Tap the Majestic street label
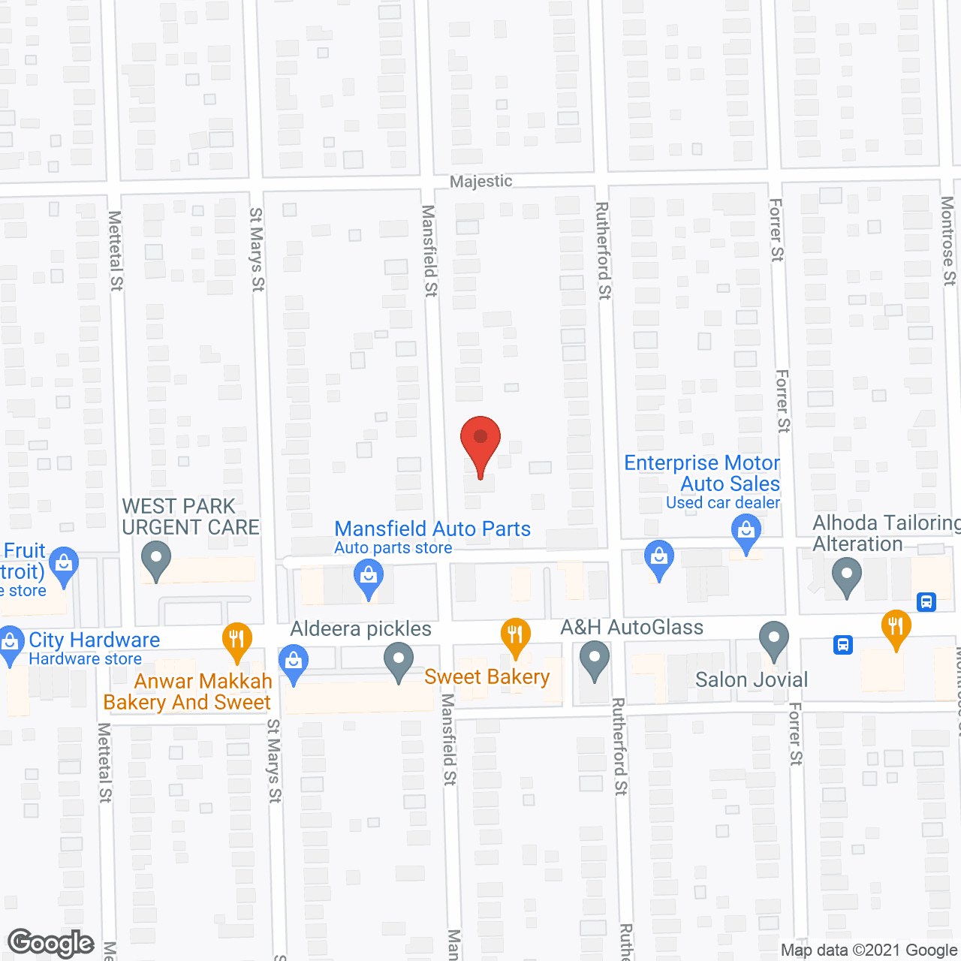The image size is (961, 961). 480,181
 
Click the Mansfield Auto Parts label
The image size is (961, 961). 432,529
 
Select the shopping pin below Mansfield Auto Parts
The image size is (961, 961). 368,579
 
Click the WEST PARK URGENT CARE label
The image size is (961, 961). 191,517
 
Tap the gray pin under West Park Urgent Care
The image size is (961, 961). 156,561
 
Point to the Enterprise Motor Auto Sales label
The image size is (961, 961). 703,474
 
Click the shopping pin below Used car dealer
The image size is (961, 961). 746,532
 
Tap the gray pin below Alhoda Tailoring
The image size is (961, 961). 847,578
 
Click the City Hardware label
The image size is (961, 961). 94,640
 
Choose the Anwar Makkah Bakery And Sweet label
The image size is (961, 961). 188,691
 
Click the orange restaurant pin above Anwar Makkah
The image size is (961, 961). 236,640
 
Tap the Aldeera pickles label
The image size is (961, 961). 361,629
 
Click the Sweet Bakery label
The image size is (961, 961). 487,677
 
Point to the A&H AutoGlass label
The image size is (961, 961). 632,628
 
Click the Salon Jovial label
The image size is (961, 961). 752,680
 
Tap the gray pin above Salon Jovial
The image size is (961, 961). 773,640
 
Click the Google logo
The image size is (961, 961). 51,943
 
